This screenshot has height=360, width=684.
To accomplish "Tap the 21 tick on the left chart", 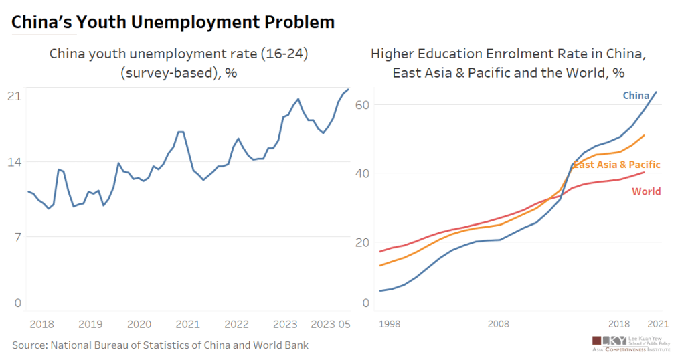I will [15, 96].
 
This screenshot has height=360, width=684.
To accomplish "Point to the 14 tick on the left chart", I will [15, 162].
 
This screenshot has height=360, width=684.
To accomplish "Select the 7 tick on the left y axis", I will [18, 236].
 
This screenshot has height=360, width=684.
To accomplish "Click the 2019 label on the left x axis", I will [90, 325].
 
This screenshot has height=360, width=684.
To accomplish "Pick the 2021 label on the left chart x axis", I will [188, 325].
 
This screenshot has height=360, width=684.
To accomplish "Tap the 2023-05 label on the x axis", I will [331, 325].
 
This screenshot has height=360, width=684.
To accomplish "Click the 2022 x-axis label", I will [237, 325].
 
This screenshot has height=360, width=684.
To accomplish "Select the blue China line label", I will [636, 96].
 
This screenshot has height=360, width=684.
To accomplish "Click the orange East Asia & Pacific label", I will [616, 165].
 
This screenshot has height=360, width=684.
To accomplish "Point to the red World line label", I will [646, 191].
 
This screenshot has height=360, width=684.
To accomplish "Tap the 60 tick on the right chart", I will [363, 105].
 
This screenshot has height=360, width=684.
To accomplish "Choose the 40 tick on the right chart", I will [363, 173].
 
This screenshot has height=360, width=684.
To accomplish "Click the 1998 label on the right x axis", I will [390, 325].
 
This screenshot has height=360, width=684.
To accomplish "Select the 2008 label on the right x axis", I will [498, 325].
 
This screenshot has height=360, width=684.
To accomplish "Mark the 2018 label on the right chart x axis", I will [618, 325].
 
